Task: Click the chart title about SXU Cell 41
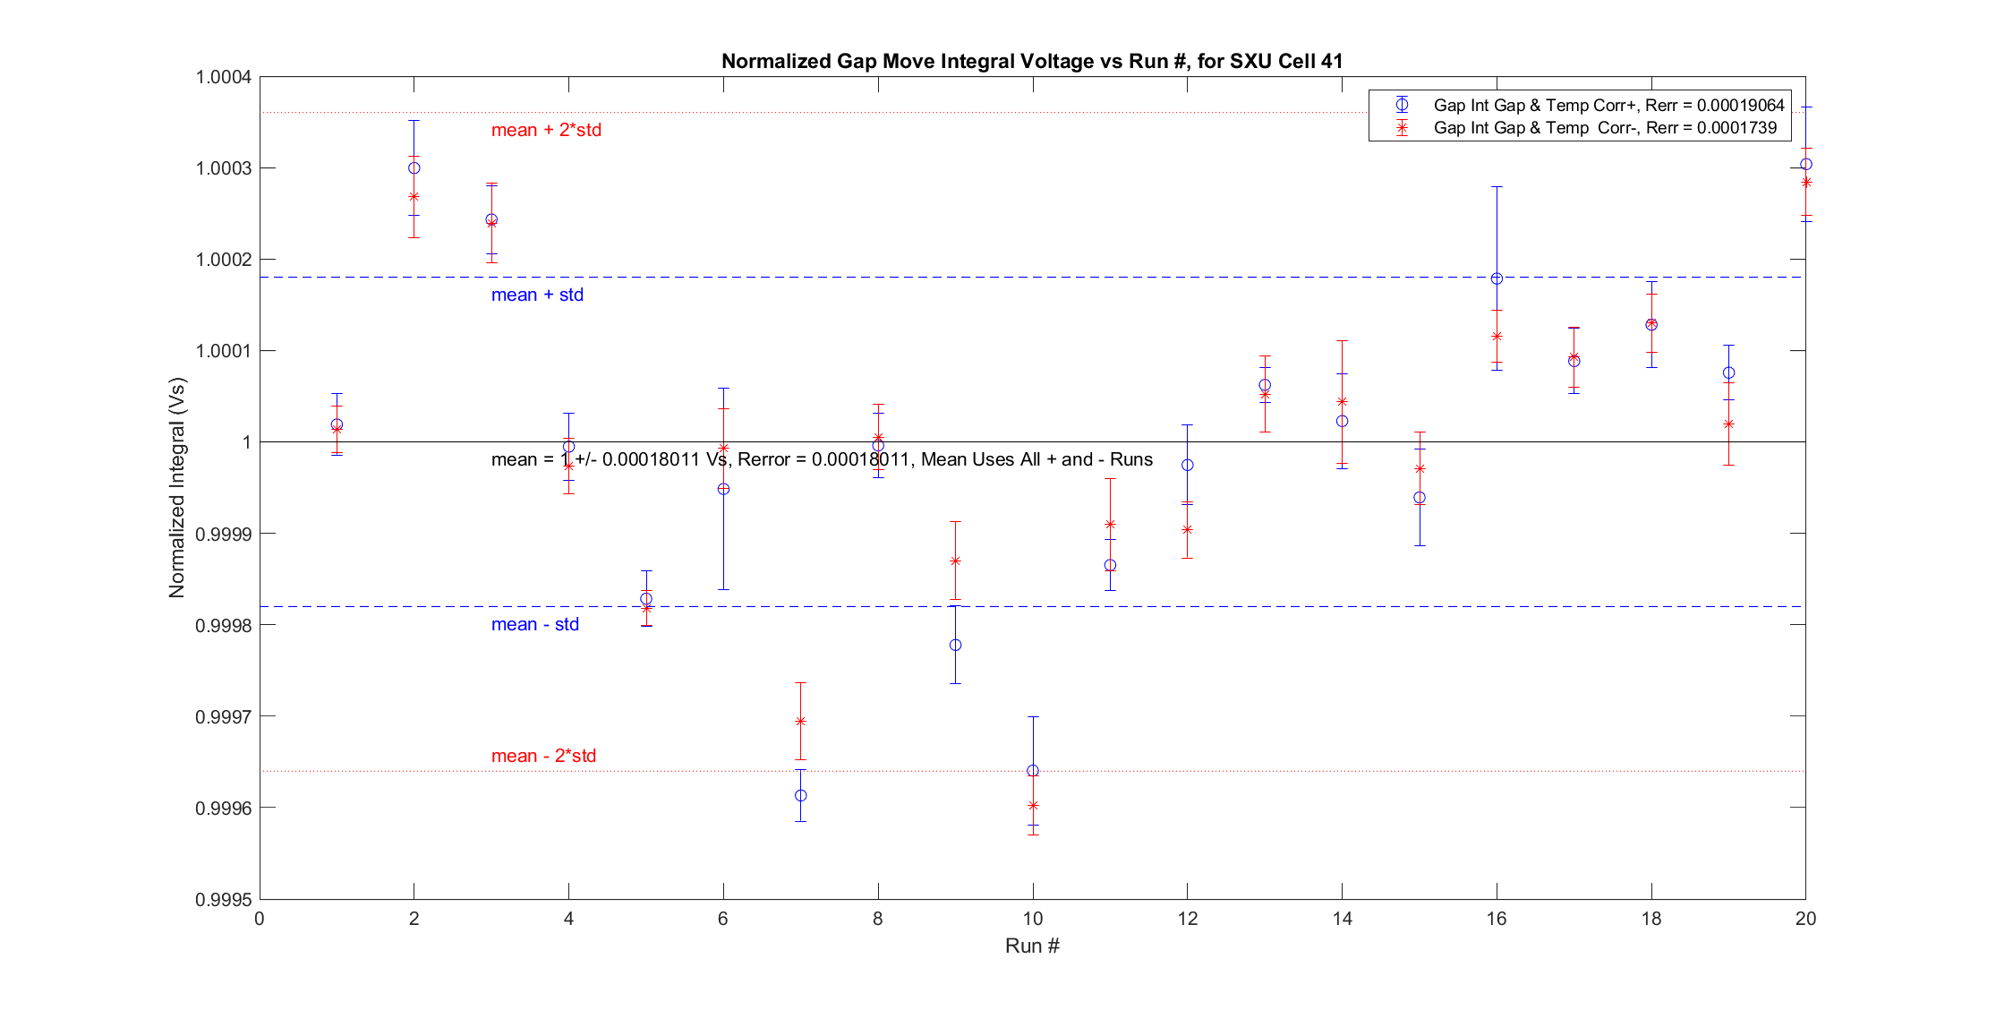(x=1031, y=61)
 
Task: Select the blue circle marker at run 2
(x=414, y=168)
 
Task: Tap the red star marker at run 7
(x=801, y=721)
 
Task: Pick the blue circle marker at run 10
(x=1033, y=771)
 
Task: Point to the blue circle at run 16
(x=1497, y=278)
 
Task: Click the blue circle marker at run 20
(x=1806, y=165)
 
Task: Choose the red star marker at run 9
(x=955, y=561)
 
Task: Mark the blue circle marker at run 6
(x=723, y=489)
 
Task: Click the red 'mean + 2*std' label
(x=546, y=130)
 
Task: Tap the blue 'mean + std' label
(x=537, y=295)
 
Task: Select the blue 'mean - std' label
(x=534, y=624)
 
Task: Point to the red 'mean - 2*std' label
(x=543, y=756)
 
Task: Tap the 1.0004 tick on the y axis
(x=223, y=77)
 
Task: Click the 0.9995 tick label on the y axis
(x=223, y=899)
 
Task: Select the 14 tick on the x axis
(x=1342, y=919)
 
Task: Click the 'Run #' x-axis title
(x=1032, y=946)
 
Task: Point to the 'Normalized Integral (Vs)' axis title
(x=176, y=488)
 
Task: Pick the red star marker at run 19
(x=1728, y=424)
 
